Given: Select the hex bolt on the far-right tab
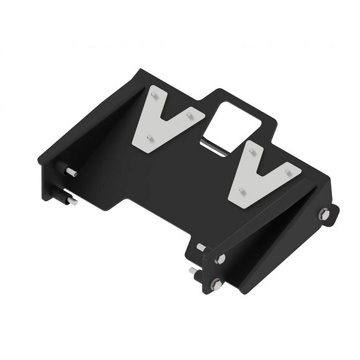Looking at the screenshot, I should coord(324,214).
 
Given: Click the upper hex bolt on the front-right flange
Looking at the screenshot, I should coord(220,259).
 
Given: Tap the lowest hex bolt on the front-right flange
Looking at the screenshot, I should coord(215,284).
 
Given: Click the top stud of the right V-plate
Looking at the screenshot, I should coord(251,148).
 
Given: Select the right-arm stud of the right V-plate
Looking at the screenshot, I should coord(287,171).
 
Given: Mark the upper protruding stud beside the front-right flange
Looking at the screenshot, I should coord(202,248).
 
